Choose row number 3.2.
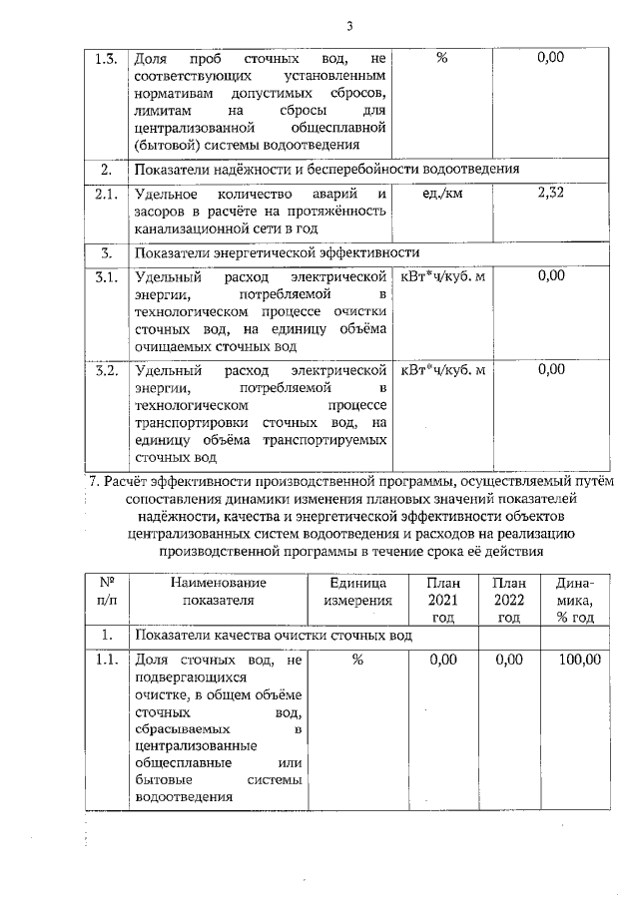(105, 371)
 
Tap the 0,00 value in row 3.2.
(550, 371)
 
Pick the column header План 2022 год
(508, 600)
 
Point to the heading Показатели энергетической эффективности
(277, 251)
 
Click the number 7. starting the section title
(95, 480)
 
